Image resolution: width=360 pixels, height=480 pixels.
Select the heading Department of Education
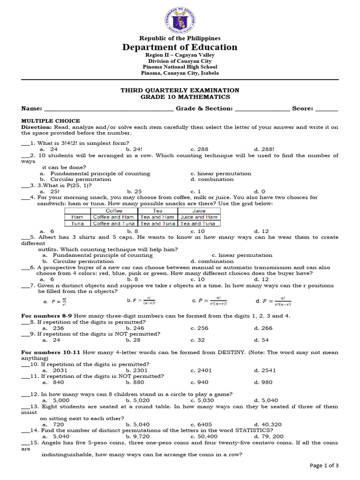[180, 47]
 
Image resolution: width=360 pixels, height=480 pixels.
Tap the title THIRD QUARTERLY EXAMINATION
[180, 90]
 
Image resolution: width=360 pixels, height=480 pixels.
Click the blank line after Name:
[108, 109]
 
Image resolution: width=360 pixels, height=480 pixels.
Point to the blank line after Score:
[327, 109]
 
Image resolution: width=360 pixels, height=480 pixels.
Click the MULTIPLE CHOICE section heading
[51, 121]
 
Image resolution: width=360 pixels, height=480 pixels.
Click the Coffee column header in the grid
[114, 211]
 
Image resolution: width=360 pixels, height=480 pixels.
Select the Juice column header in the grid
[199, 211]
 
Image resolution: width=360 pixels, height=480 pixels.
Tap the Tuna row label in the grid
[77, 224]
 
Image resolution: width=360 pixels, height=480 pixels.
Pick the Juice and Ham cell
[199, 217]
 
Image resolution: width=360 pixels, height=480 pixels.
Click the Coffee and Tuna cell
[114, 224]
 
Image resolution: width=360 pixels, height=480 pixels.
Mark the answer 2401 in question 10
[201, 370]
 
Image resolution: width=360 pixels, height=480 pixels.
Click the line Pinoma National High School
[180, 67]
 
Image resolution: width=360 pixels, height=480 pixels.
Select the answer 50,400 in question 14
[201, 436]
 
